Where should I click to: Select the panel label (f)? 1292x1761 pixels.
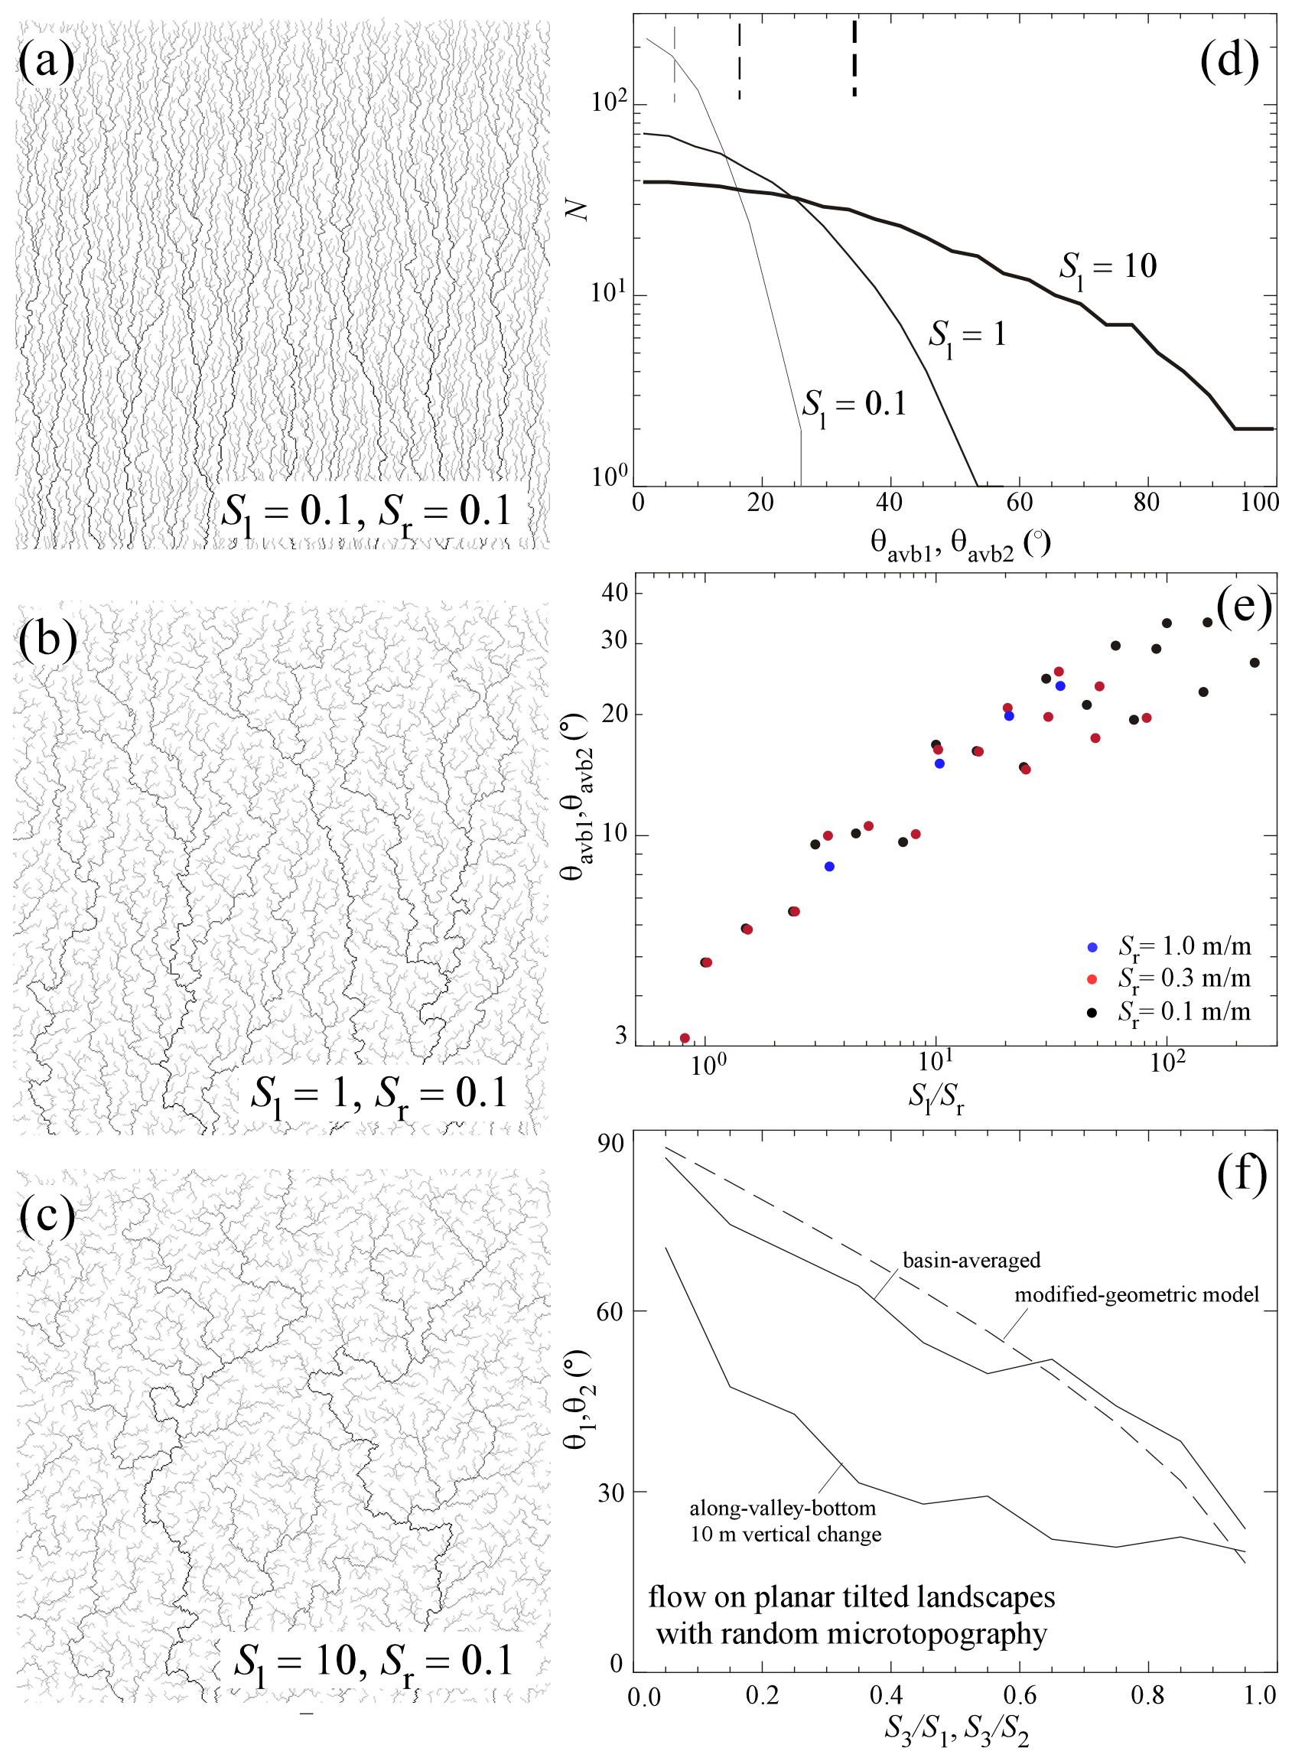click(x=1242, y=1174)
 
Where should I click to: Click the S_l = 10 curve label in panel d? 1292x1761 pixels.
click(x=1108, y=269)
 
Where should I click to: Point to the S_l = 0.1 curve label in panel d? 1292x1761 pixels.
click(x=854, y=405)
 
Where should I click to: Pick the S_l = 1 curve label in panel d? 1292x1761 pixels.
click(x=967, y=337)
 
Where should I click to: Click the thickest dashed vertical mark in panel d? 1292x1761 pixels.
click(x=854, y=59)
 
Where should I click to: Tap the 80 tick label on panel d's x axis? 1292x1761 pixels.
click(x=1147, y=502)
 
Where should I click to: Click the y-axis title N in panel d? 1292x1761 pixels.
click(x=578, y=209)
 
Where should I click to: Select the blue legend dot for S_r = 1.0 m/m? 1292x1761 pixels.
click(x=1092, y=947)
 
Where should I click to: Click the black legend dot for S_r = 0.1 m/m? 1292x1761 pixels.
click(x=1092, y=1013)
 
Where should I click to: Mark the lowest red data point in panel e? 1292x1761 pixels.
click(x=685, y=1037)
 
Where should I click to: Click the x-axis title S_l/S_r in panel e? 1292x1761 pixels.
click(x=936, y=1097)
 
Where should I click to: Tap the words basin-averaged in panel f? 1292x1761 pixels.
click(x=971, y=1260)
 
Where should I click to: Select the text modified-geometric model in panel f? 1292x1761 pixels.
click(x=1137, y=1294)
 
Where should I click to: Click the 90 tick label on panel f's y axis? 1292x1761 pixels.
click(x=610, y=1144)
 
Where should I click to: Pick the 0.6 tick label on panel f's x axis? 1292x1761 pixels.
click(x=1020, y=1695)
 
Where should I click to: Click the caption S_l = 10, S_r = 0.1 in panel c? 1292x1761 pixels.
click(x=373, y=1660)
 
